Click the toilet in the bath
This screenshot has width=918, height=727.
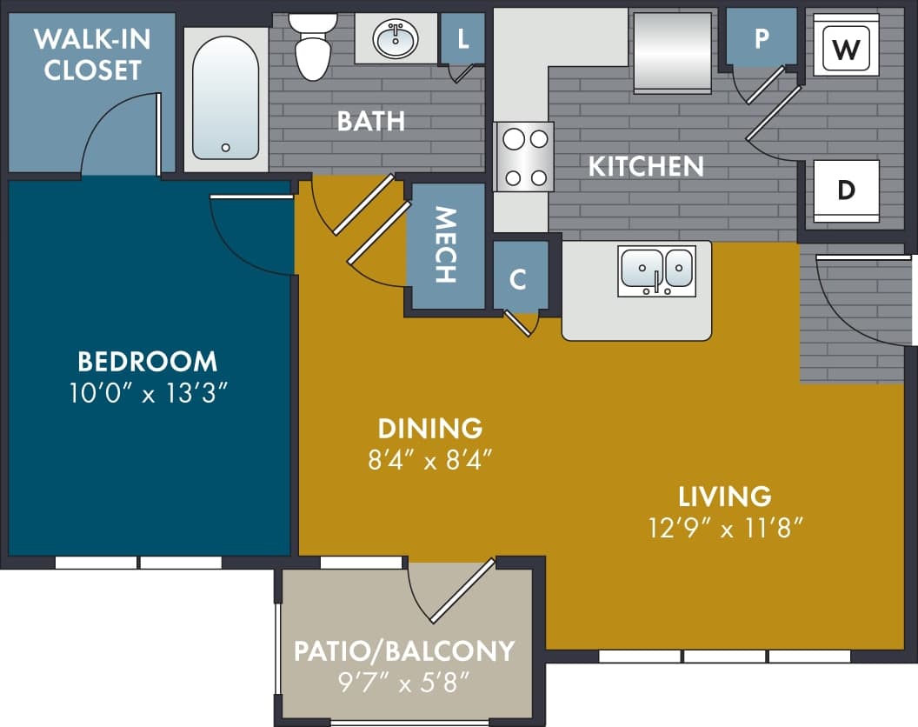[312, 47]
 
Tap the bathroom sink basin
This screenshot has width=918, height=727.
[396, 39]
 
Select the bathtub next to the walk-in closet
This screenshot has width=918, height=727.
[226, 97]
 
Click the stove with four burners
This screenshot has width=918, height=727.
[524, 157]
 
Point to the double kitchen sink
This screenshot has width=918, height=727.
[656, 270]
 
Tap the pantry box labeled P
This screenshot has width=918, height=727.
[762, 38]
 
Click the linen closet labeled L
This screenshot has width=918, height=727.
[462, 38]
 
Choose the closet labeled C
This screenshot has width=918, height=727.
[519, 277]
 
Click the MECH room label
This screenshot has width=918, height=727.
[446, 245]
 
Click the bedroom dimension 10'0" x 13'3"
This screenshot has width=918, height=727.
[148, 393]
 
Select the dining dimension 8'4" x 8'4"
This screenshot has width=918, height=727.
[430, 460]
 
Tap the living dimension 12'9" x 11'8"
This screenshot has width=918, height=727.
[725, 528]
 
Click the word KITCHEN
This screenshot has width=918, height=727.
[646, 166]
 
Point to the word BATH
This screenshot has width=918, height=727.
[371, 121]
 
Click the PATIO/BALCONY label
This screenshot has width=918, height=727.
[404, 650]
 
